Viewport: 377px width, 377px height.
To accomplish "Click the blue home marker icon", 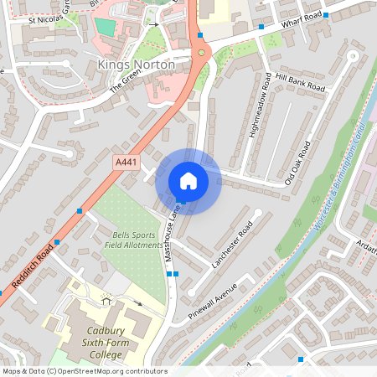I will (x=188, y=181).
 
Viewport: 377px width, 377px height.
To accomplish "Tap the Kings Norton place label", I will (x=137, y=65).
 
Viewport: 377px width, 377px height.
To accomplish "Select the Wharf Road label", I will (x=302, y=20).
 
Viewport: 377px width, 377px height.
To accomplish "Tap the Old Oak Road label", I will (x=298, y=163).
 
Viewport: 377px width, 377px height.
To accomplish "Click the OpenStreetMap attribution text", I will (x=84, y=371).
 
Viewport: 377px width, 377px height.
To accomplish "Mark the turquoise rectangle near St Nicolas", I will (x=105, y=26).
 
